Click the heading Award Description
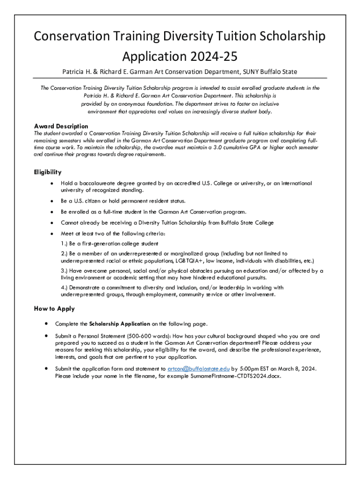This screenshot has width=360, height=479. [x=61, y=126]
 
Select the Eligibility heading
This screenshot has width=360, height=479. [x=48, y=172]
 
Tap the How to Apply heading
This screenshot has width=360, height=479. [x=54, y=309]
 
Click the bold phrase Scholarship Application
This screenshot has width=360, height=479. [x=120, y=324]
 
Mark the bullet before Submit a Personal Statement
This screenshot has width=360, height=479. [x=46, y=336]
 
